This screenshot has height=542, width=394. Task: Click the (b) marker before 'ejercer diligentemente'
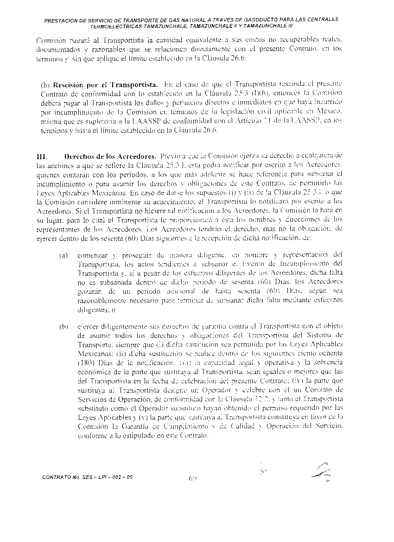pos(63,326)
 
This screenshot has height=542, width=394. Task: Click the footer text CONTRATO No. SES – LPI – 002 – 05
pos(90,477)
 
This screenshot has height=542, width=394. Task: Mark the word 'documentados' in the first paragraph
pos(56,49)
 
